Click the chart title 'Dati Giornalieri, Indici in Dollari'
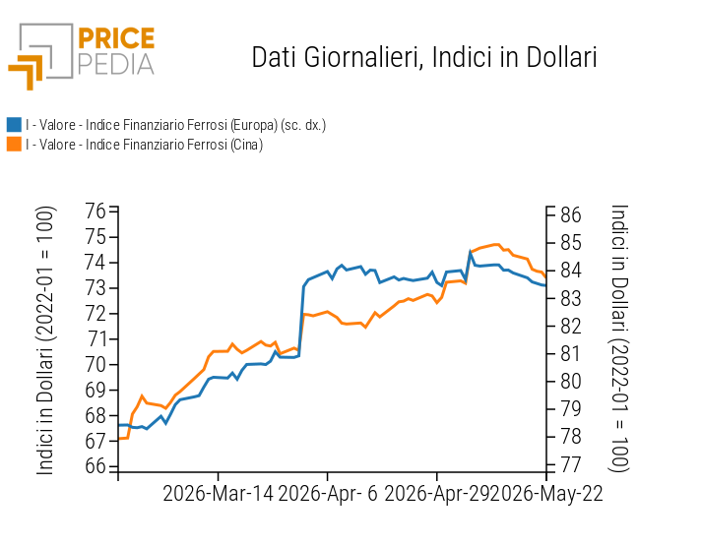point(424,58)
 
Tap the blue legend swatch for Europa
point(15,125)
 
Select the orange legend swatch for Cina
point(15,145)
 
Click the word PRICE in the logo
point(116,38)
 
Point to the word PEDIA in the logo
point(116,65)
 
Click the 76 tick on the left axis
point(96,211)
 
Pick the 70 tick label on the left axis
point(96,365)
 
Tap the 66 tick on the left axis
point(96,466)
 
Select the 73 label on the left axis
point(96,287)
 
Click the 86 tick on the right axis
point(571,214)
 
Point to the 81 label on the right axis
point(571,354)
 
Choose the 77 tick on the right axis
point(571,464)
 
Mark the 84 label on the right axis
point(571,271)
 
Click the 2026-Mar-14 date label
point(218,494)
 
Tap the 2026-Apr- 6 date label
point(328,494)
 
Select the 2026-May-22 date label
point(552,494)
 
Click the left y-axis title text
point(45,340)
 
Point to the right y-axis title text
point(619,337)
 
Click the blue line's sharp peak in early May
point(471,252)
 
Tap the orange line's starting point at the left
point(118,439)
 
